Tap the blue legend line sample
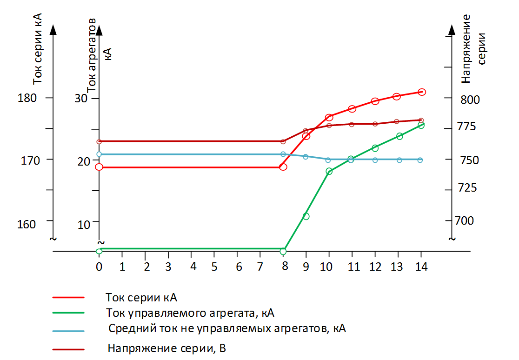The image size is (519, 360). (x=69, y=331)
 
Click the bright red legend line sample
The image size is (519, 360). (x=69, y=297)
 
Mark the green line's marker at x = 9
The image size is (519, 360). (x=306, y=216)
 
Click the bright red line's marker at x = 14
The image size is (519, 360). (x=422, y=92)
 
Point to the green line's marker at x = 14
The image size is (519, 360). (x=421, y=125)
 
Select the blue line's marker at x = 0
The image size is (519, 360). (x=99, y=154)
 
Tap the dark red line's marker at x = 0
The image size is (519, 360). (x=99, y=141)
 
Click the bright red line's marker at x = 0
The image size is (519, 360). (x=99, y=167)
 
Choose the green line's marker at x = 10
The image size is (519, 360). (x=329, y=172)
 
